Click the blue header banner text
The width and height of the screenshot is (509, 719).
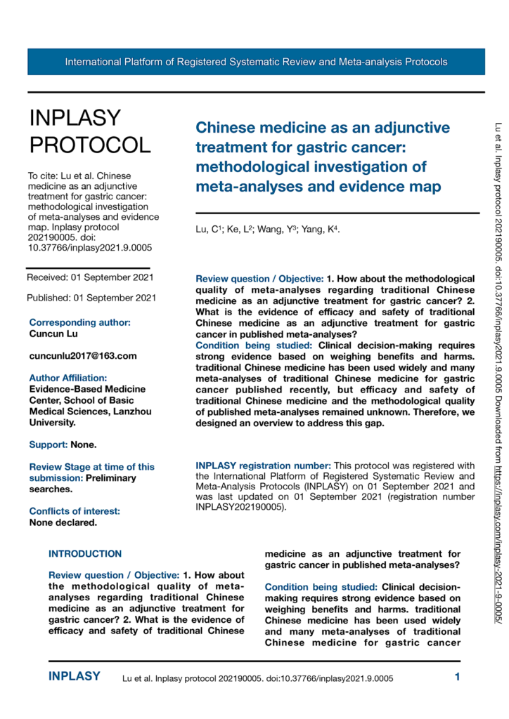pos(256,62)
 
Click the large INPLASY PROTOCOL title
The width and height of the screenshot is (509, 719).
pos(89,131)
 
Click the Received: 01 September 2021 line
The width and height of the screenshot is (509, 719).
pos(91,278)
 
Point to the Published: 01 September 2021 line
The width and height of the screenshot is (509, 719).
pos(91,298)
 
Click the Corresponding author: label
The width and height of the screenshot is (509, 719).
pos(79,322)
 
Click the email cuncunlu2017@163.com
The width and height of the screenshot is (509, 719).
pos(83,356)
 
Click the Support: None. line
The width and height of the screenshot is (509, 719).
pos(63,444)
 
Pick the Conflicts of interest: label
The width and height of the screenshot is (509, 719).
pos(75,492)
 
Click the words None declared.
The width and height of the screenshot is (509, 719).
pos(63,503)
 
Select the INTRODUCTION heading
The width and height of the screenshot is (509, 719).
pos(85,534)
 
